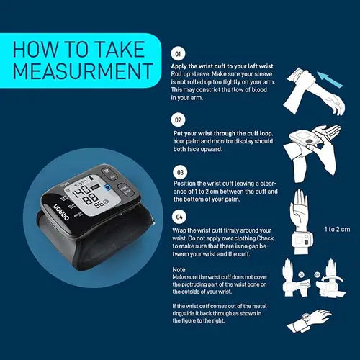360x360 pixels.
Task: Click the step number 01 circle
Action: tap(178, 54)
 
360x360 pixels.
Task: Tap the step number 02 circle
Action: tap(178, 120)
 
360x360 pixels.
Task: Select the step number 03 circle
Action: tap(180, 172)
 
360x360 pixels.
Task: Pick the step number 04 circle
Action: tap(179, 217)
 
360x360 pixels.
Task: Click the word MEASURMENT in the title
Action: tap(83, 71)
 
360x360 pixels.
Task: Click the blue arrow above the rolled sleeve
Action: tap(330, 79)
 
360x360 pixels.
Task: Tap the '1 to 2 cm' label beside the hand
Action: tap(337, 229)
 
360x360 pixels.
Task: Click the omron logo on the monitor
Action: tap(61, 212)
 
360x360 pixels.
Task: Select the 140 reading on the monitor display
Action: tap(81, 191)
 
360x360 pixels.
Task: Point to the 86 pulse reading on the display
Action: tap(99, 204)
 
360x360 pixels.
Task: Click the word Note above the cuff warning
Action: tap(179, 270)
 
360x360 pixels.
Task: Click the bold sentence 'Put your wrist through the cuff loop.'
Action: tap(223, 133)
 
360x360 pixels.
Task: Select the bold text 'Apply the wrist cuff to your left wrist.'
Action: tap(222, 66)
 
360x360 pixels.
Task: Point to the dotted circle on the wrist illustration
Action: tap(307, 318)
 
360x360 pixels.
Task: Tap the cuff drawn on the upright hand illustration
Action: tap(302, 240)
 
